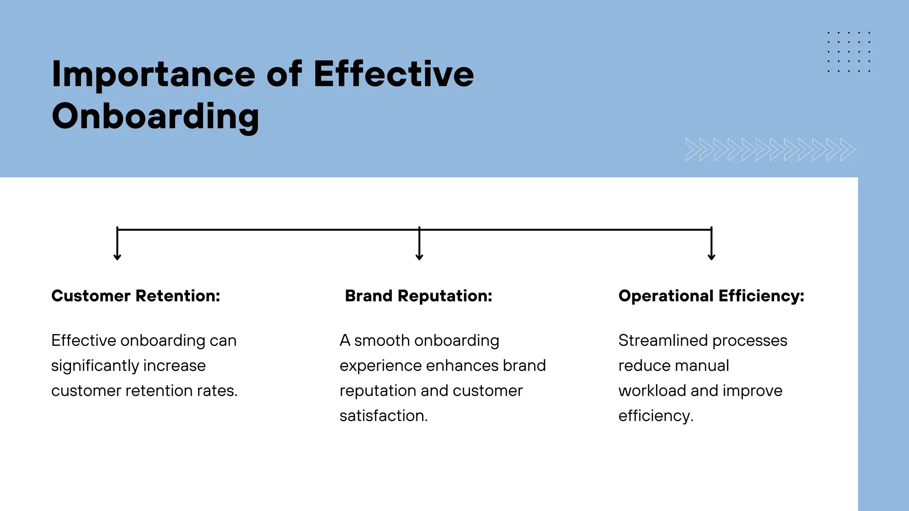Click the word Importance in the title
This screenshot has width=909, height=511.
(x=153, y=75)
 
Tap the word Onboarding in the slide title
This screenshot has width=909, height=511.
(x=155, y=116)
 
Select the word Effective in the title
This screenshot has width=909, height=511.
(x=394, y=74)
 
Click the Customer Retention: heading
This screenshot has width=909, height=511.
(x=135, y=296)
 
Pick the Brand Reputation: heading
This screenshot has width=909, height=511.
(x=419, y=296)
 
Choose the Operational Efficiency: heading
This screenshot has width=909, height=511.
(x=711, y=296)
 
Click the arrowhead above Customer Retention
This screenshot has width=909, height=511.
(x=117, y=256)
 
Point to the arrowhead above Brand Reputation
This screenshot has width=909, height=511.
(x=419, y=256)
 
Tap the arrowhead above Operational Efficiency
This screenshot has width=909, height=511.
(x=711, y=256)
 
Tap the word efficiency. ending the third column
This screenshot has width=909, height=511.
(x=656, y=416)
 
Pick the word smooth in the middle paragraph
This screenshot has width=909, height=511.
(x=382, y=341)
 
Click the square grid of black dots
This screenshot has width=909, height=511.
(x=849, y=52)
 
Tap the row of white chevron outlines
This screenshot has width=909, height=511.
(x=770, y=149)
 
